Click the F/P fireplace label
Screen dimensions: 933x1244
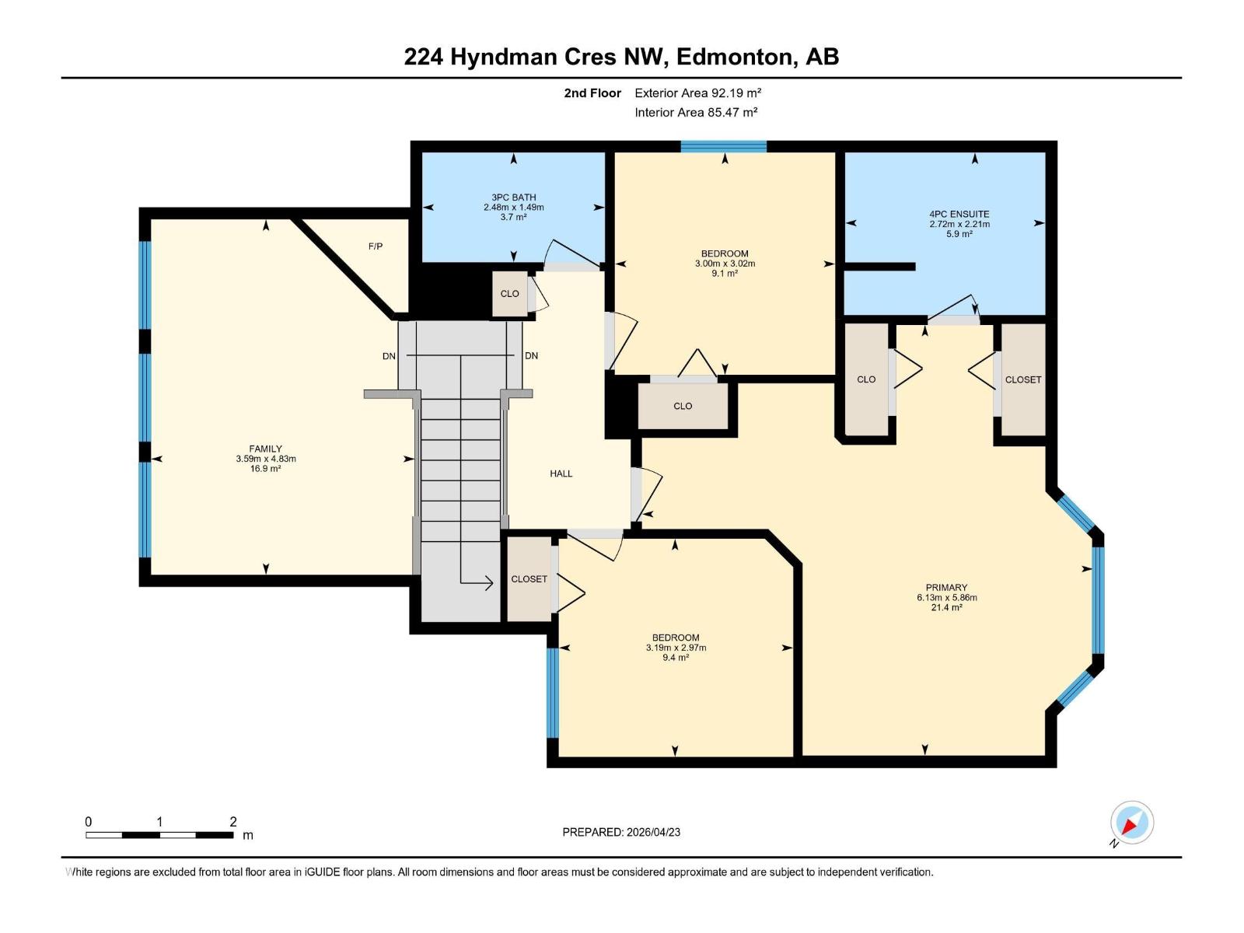click(376, 246)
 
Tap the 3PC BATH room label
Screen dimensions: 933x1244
click(513, 197)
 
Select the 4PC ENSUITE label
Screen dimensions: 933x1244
click(959, 214)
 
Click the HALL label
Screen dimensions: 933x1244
click(561, 473)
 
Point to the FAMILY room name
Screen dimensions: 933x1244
click(265, 449)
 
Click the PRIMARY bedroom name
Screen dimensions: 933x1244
click(946, 588)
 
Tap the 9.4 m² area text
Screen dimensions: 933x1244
click(675, 658)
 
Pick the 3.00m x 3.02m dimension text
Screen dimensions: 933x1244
click(725, 264)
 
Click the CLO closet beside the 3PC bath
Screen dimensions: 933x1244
click(509, 294)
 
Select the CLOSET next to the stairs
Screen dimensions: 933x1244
click(529, 579)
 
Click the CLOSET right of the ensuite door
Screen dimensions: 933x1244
click(1022, 379)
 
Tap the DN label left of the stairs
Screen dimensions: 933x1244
click(389, 356)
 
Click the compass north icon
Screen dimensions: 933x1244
click(1131, 823)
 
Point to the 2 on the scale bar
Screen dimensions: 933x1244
click(232, 822)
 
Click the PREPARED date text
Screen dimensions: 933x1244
click(621, 832)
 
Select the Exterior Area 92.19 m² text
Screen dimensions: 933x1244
click(697, 93)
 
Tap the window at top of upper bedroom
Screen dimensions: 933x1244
click(723, 146)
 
